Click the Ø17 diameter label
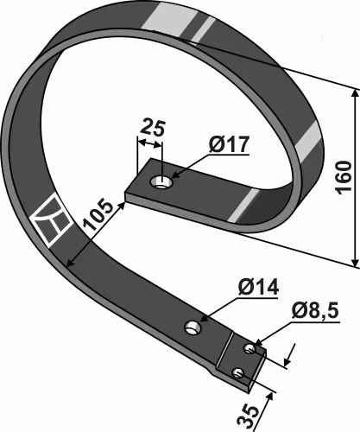229,144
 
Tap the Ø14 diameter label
258,287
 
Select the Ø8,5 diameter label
315,311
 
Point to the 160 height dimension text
344,177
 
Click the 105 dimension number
98,214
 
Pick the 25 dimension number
153,128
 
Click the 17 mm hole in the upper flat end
161,182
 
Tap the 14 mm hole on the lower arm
193,327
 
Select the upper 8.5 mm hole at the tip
249,349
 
